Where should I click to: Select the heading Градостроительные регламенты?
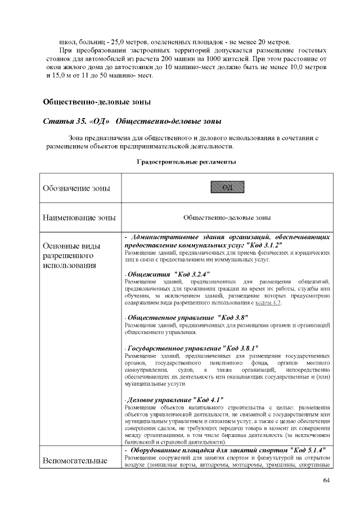pos(186,162)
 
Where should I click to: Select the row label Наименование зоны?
pos(79,217)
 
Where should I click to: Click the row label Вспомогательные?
pos(75,461)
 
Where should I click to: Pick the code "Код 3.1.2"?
pos(260,245)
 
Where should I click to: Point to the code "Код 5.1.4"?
pos(305,451)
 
